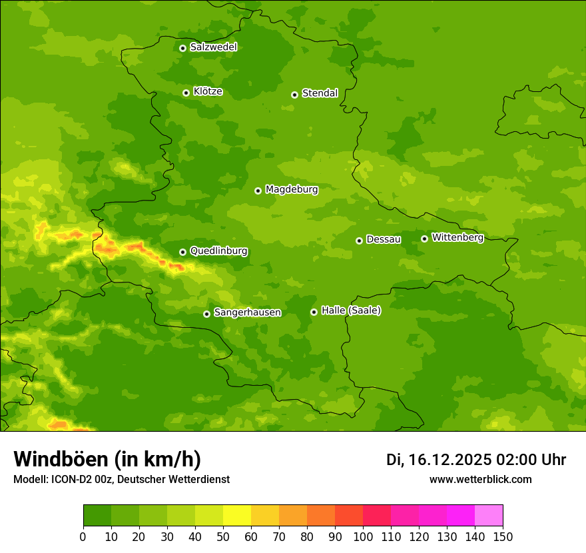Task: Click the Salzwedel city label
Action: [213, 47]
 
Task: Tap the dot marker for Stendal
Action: [294, 95]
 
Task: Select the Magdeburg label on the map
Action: [292, 190]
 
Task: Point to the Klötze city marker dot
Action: [186, 93]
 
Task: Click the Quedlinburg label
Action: [218, 251]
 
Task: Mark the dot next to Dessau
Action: [359, 241]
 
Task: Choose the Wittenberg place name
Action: [457, 237]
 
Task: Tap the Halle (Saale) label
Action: [351, 310]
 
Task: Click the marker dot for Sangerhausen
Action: [206, 314]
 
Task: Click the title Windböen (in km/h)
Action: [107, 459]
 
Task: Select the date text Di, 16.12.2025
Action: [439, 460]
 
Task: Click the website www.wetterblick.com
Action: [480, 479]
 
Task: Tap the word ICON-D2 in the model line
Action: [73, 479]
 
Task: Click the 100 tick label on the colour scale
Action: [362, 536]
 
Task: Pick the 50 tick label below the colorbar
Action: [223, 536]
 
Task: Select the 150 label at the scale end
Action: [502, 536]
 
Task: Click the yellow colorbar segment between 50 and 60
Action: [237, 516]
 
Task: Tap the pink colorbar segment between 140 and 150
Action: [489, 516]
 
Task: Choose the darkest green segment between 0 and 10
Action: [97, 516]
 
